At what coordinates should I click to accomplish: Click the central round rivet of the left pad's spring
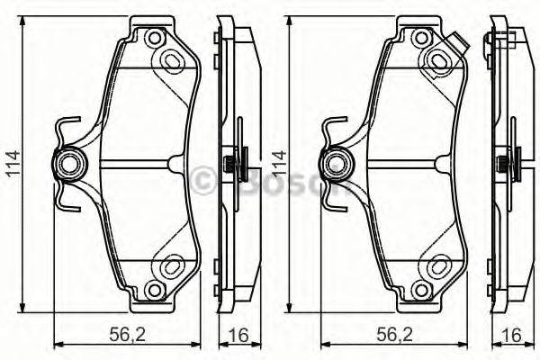[68, 164]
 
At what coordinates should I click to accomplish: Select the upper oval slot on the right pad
[439, 59]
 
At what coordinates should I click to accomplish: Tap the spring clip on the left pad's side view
[232, 165]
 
